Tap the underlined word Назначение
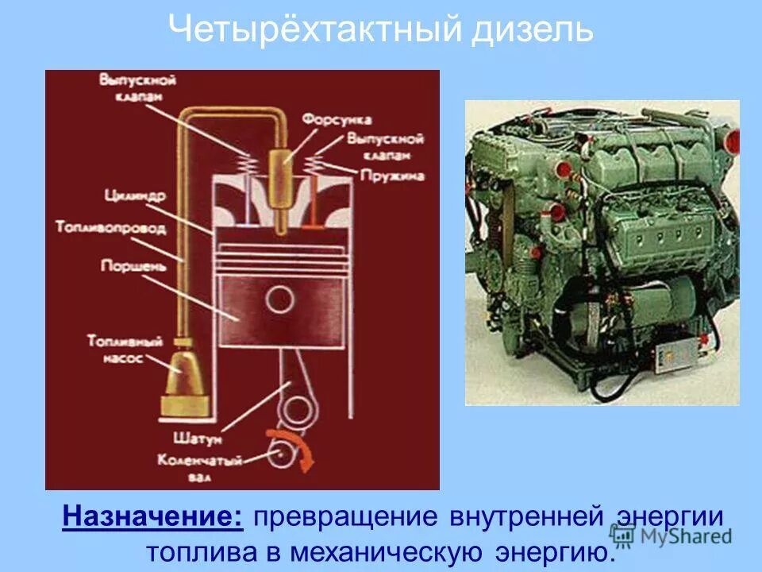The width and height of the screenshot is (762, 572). click(x=154, y=516)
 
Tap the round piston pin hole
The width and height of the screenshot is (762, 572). click(x=279, y=300)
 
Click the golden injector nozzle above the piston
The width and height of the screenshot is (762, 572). click(x=280, y=183)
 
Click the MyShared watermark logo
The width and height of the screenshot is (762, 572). click(x=672, y=536)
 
